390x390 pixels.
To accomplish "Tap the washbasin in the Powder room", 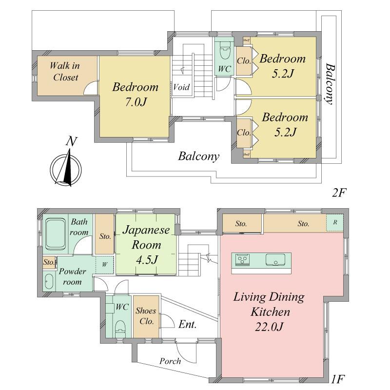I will click(x=49, y=282).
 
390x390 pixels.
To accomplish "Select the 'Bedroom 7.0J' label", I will click(x=135, y=95).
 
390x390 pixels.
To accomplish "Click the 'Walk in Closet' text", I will click(x=66, y=71).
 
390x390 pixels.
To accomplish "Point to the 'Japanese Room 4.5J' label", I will click(x=146, y=245).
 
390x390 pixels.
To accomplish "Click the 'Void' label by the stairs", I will click(x=181, y=88).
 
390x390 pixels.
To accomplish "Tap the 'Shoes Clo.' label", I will click(x=145, y=317).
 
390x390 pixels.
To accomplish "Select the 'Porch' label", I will click(x=170, y=361).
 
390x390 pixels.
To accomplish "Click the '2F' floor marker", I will click(x=338, y=192).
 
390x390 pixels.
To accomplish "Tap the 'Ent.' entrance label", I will click(x=188, y=325).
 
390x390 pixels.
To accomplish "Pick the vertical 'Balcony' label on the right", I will click(x=330, y=84).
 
